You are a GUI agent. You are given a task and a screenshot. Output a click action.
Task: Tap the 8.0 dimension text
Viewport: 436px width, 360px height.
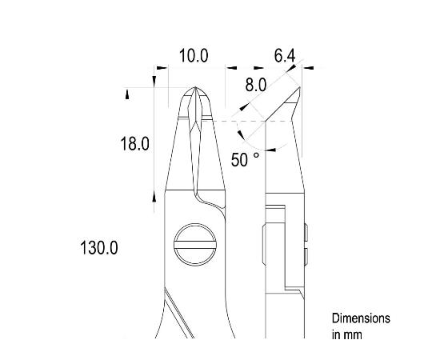pyautogui.click(x=256, y=86)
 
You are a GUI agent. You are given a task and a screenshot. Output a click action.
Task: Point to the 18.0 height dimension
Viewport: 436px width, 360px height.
pyautogui.click(x=134, y=144)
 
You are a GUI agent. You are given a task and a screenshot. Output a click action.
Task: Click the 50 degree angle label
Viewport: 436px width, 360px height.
pyautogui.click(x=245, y=160)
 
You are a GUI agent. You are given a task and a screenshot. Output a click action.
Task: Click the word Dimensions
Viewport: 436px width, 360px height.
pyautogui.click(x=361, y=318)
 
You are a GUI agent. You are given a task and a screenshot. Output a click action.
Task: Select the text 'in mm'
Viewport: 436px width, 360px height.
pyautogui.click(x=346, y=334)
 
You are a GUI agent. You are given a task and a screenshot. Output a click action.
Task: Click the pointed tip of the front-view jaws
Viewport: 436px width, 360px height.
pyautogui.click(x=194, y=89)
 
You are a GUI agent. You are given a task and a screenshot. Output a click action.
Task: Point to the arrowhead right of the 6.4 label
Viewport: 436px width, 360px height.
pyautogui.click(x=308, y=68)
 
